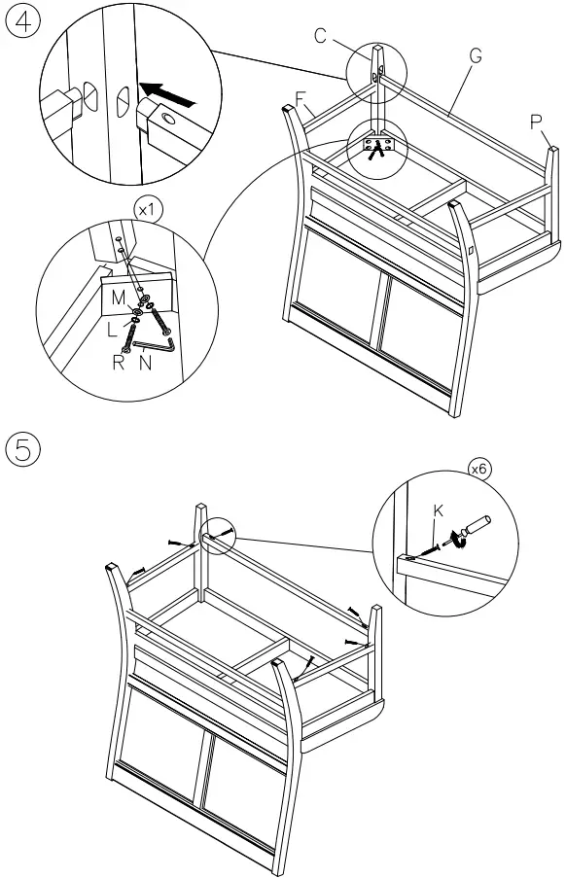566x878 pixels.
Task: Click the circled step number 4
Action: coord(23,21)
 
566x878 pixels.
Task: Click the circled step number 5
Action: coord(23,449)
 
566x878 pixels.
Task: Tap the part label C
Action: coord(320,36)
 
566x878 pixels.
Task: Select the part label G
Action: coord(476,56)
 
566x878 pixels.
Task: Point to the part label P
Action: coord(536,123)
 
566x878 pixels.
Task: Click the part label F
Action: coord(301,99)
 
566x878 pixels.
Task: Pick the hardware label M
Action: coord(118,298)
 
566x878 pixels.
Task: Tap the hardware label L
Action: coord(112,330)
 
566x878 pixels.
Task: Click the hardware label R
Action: coord(118,363)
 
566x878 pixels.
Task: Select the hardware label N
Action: coord(146,363)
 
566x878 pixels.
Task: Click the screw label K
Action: coord(439,510)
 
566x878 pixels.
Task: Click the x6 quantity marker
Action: coord(478,469)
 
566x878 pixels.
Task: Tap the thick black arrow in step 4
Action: coord(167,95)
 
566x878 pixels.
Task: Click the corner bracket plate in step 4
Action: coord(378,145)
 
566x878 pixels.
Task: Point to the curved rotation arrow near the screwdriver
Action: coord(461,541)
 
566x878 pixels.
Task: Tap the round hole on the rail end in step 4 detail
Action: coord(168,119)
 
